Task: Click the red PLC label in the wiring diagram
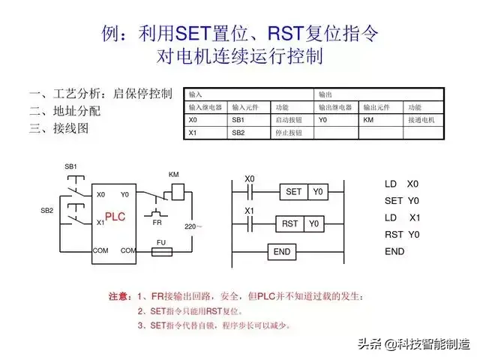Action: (115, 217)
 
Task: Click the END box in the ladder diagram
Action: (282, 252)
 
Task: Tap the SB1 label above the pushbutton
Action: (71, 166)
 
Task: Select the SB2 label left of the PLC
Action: (47, 211)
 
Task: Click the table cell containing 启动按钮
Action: (292, 120)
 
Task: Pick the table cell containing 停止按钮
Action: (292, 133)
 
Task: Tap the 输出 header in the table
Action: (326, 95)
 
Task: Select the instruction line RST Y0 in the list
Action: (402, 235)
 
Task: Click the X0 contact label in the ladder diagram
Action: (250, 179)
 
